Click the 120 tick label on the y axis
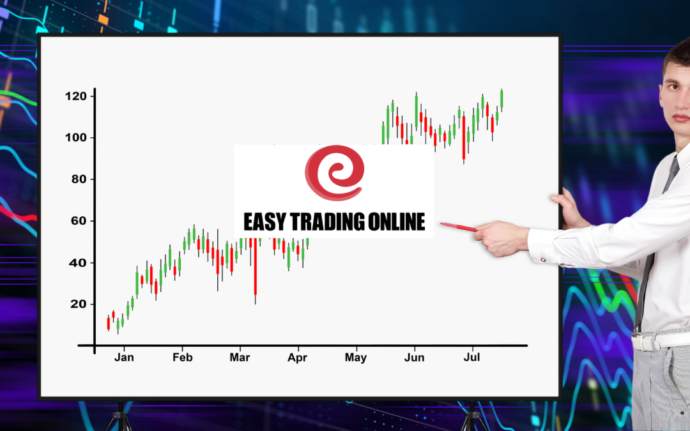75,96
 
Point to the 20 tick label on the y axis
79,304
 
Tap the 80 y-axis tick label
79,179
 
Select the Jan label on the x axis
124,357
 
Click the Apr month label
298,358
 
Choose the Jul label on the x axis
471,357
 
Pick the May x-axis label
356,358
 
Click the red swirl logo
334,172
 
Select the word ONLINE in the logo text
397,222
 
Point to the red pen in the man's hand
459,227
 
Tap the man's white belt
660,340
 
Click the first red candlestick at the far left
108,323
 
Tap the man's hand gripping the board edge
569,208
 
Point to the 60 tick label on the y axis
79,220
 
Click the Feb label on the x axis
182,357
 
